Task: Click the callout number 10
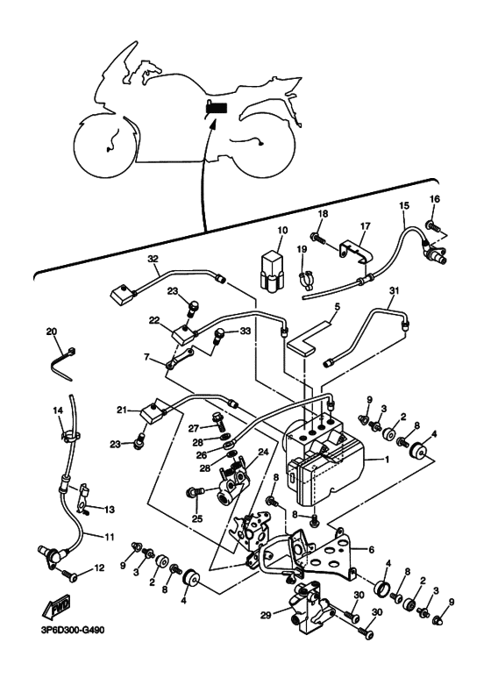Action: tap(281, 231)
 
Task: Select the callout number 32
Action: tap(153, 259)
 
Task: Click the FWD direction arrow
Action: tap(56, 609)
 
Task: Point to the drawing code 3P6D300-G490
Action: tap(69, 630)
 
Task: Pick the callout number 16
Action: tap(434, 199)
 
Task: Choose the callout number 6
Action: tap(371, 550)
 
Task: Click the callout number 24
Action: tap(263, 452)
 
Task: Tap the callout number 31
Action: tap(393, 291)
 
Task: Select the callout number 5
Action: tap(338, 307)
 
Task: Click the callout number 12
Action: tap(99, 567)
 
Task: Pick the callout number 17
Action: tap(366, 226)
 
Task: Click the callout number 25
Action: tap(196, 518)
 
